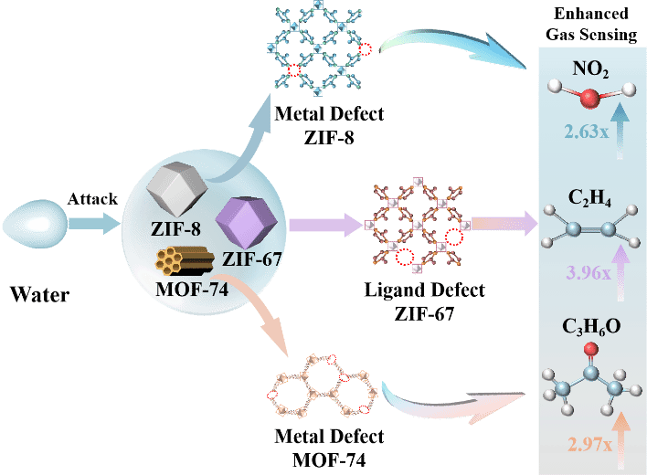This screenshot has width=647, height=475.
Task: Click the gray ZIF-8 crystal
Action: click(177, 188)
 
